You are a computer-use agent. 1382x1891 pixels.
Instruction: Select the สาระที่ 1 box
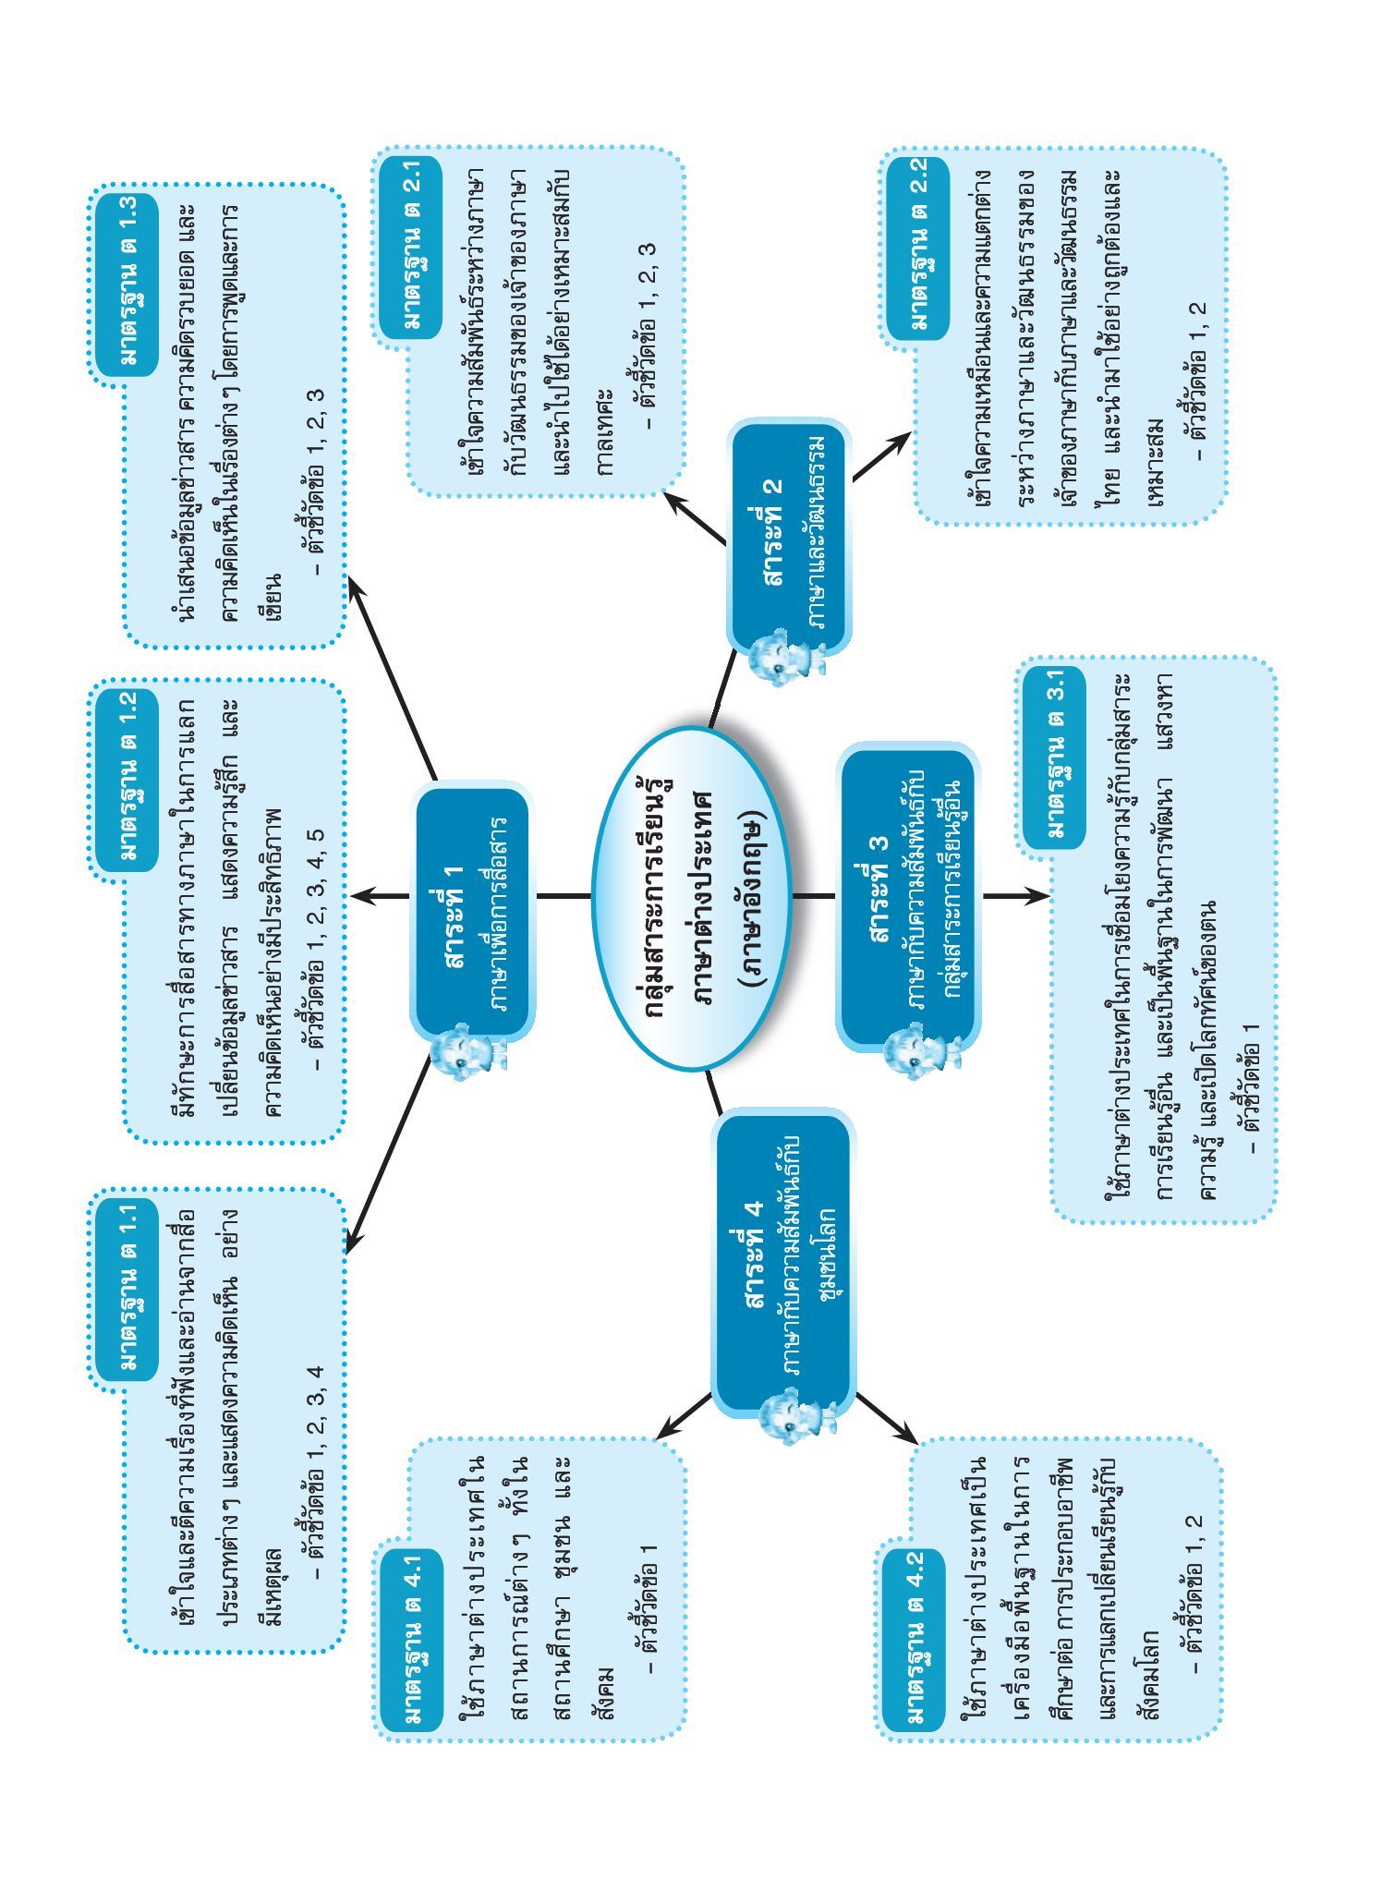click(471, 910)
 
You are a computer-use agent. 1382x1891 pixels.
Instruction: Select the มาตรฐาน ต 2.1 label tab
click(412, 244)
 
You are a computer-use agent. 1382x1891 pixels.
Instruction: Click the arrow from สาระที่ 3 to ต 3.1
click(1015, 895)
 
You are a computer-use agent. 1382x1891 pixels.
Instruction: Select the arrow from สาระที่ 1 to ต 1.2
click(380, 895)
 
